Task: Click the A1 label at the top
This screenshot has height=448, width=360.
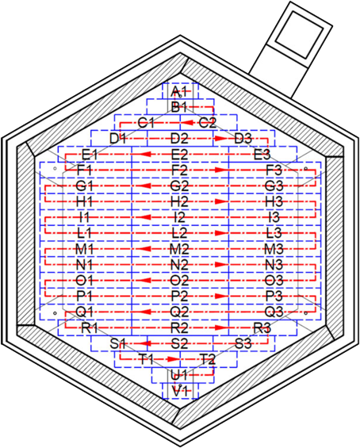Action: [178, 92]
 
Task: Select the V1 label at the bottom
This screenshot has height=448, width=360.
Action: [179, 391]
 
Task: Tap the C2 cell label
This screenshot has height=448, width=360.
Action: [208, 123]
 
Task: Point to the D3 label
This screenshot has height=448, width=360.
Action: [243, 139]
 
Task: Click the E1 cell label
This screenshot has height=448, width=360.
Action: [90, 155]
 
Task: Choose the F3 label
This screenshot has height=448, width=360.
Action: [274, 170]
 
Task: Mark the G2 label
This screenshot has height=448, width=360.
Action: [179, 186]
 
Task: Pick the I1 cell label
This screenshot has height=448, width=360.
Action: [84, 218]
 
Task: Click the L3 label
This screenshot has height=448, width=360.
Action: [274, 233]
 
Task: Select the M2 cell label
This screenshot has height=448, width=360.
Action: [179, 250]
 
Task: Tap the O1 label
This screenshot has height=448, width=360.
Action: [84, 281]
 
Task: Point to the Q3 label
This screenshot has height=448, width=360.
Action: [274, 312]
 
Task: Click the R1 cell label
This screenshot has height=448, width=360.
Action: [90, 327]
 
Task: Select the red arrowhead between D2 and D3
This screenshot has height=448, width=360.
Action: [220, 139]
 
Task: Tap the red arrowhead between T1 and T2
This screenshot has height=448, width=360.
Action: [173, 359]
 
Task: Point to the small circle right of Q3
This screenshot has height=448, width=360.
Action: [306, 313]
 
